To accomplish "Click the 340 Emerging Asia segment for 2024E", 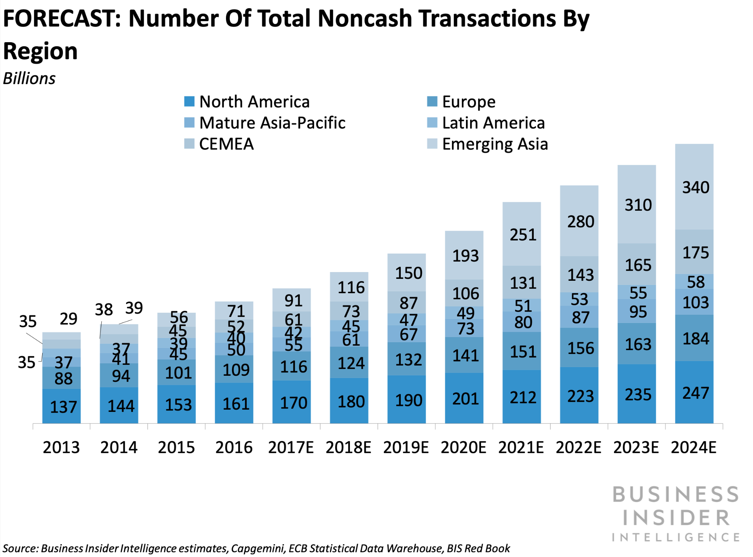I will (x=694, y=187).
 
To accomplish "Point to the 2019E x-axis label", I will (x=406, y=447).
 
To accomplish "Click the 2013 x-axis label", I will (x=61, y=447).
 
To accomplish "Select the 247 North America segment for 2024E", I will (x=694, y=393).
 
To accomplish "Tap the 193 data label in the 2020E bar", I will (x=466, y=256).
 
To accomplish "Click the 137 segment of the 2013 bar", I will (x=62, y=407).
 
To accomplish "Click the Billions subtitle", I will (x=29, y=79).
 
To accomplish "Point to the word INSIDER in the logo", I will (x=676, y=518).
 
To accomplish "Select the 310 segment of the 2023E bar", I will (x=637, y=205).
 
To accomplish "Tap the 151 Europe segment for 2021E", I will (x=522, y=352).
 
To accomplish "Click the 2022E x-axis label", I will (x=579, y=447).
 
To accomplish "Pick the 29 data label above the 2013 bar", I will (x=69, y=319).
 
